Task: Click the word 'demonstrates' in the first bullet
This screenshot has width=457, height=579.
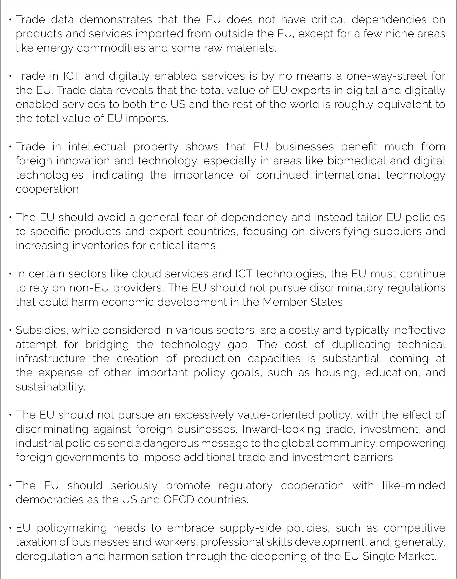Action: point(116,20)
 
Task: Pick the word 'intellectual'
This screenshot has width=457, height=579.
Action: point(97,147)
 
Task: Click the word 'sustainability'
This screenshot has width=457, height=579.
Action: point(50,387)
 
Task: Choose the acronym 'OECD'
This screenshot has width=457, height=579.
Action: point(178,500)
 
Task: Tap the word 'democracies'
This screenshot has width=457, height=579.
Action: point(50,500)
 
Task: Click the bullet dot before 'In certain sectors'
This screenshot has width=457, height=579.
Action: point(10,274)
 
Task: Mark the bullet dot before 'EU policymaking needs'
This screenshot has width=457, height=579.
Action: point(10,528)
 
